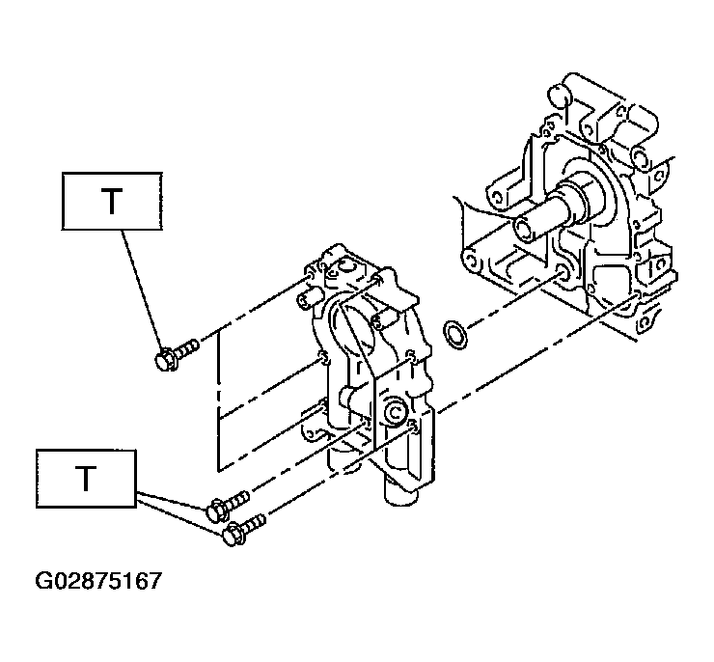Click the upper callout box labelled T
112,201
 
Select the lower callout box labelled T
86,479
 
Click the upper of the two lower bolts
227,505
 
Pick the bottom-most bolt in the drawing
243,530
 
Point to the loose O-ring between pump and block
454,335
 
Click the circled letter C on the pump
395,413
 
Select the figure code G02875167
98,581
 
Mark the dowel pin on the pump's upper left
308,299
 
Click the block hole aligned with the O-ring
562,274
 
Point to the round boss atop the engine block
560,96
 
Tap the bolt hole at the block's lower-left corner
472,261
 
